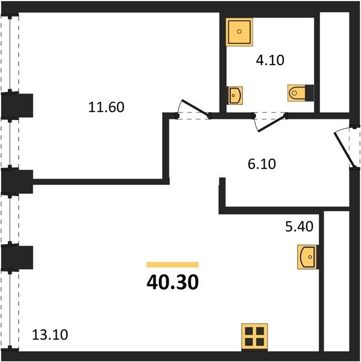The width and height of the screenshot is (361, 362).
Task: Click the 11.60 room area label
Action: (106, 107)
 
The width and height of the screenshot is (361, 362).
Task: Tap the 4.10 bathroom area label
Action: (270, 60)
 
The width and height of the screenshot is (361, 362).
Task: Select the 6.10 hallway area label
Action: (262, 164)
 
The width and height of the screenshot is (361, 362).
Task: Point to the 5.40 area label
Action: (299, 226)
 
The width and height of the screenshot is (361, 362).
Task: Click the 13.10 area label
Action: (50, 335)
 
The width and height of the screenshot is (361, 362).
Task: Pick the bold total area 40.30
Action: (172, 282)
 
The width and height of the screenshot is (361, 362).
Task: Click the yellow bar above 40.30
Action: (172, 265)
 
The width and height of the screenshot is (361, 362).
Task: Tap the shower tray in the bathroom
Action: (239, 32)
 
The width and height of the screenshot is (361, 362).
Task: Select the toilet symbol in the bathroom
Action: (297, 93)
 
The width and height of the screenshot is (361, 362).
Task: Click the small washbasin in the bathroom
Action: (235, 95)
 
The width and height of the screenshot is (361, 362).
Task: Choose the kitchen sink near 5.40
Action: (307, 257)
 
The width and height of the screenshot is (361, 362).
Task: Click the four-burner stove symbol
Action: (254, 337)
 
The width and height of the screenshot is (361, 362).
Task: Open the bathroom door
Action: (272, 123)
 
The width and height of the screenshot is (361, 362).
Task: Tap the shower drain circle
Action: (239, 31)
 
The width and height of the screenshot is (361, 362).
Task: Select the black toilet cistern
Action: (310, 93)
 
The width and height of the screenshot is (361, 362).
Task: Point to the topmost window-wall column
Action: (17, 105)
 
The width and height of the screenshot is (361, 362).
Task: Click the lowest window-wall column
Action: (17, 258)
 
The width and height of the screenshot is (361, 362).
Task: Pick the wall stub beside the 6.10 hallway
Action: (222, 195)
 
